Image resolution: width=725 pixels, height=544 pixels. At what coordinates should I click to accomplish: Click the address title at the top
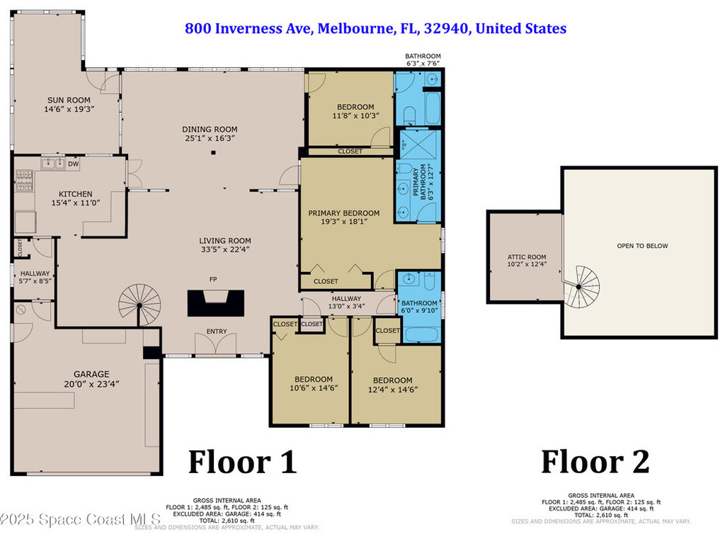click(x=375, y=29)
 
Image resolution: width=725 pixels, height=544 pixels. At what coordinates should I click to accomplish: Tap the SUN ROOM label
click(x=69, y=101)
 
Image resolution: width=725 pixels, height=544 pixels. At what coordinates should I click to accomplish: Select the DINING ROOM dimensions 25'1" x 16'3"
click(x=210, y=139)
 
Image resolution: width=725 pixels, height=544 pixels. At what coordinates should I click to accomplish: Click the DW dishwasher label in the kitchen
click(x=73, y=164)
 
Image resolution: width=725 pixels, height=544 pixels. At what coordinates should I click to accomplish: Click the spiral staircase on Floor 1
click(x=139, y=305)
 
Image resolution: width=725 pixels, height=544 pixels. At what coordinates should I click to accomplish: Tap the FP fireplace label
click(x=212, y=280)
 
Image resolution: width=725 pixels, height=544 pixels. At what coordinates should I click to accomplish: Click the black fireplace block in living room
click(x=216, y=304)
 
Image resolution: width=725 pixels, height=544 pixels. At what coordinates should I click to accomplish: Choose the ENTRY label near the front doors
click(x=217, y=331)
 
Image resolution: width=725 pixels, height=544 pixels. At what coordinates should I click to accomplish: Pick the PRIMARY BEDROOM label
click(x=343, y=213)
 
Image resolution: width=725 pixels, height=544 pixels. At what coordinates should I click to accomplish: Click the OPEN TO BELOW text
click(x=642, y=246)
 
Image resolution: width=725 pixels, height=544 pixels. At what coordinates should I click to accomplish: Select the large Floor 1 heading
click(x=242, y=462)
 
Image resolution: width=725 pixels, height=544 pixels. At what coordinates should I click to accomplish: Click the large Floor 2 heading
click(x=595, y=462)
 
